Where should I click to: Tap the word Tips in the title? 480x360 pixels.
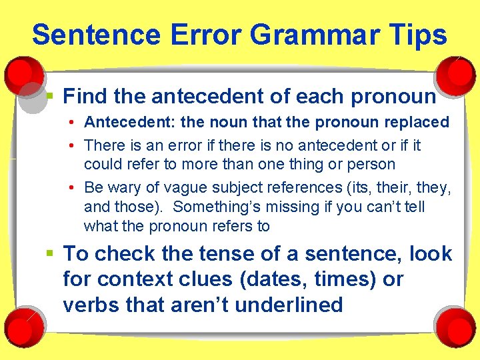(417, 35)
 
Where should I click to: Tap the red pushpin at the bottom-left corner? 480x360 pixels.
(25, 324)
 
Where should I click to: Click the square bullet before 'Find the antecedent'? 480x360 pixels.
(51, 96)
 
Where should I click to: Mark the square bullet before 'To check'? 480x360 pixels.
(51, 253)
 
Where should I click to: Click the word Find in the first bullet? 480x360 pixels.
(85, 97)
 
